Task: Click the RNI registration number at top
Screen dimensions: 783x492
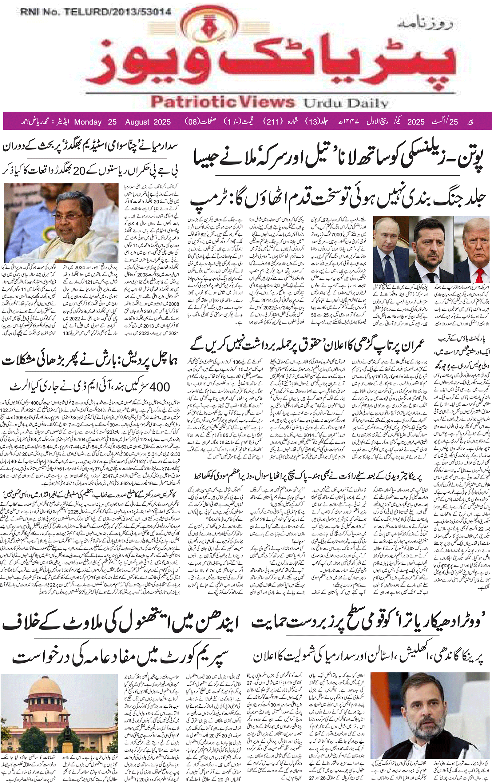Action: tap(96, 12)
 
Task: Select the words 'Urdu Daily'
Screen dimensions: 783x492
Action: tap(346, 103)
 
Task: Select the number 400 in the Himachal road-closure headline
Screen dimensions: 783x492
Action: tap(160, 387)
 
